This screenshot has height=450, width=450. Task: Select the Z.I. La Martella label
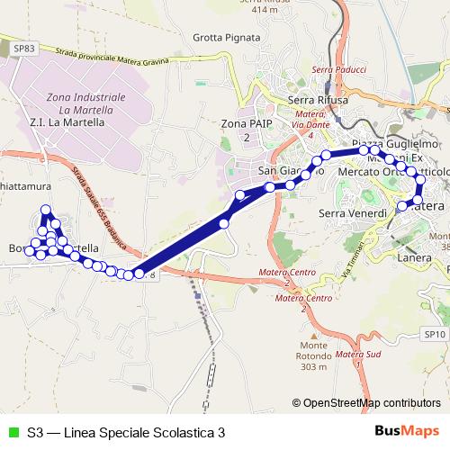coord(70,121)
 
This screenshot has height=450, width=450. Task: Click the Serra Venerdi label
coord(354,213)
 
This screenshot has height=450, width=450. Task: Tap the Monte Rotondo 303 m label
coord(314,357)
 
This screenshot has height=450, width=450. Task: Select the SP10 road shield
coord(434,334)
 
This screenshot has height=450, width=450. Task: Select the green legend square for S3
coord(12,432)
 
